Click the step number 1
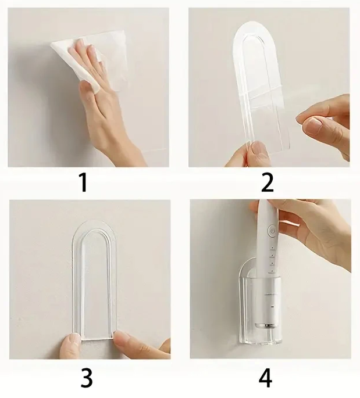tap(84, 183)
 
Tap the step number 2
tap(268, 183)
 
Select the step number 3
tap(87, 377)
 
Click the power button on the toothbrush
tap(272, 231)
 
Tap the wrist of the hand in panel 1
tap(132, 152)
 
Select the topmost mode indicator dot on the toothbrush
tap(272, 248)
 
